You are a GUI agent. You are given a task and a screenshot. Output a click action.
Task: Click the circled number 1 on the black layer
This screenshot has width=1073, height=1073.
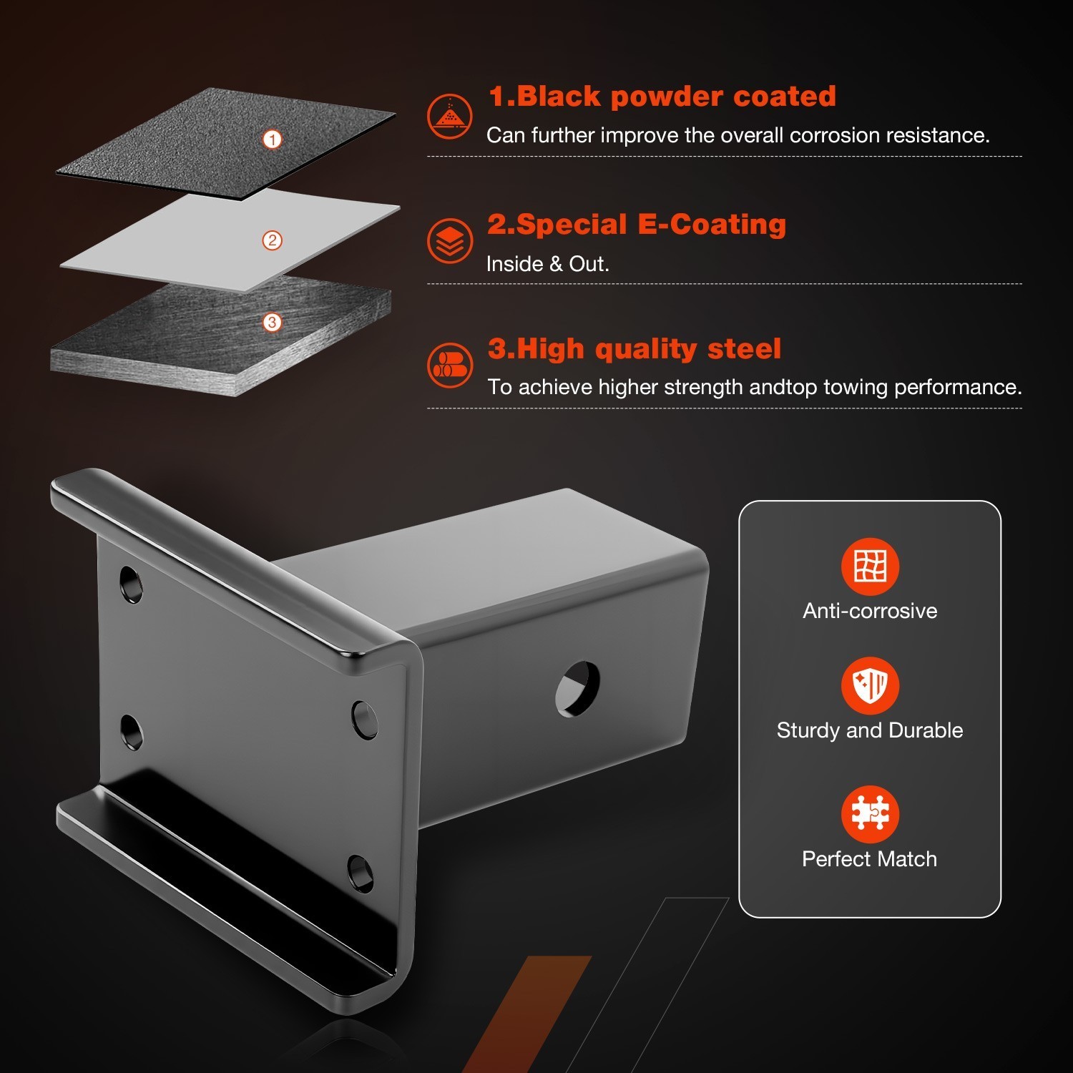point(272,139)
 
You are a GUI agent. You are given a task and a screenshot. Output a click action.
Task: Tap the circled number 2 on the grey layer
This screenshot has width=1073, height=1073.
point(272,240)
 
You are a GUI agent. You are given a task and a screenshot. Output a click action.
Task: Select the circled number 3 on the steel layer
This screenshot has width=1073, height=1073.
point(272,323)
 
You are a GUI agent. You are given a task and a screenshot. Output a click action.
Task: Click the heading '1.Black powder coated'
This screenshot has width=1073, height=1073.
point(662,97)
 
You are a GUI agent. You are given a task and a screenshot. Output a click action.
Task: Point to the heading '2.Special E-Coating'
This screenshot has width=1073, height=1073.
point(637,225)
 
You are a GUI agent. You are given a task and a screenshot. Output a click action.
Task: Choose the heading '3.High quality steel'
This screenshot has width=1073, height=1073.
point(634,349)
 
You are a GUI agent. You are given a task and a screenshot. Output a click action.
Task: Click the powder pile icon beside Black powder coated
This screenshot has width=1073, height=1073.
point(450,116)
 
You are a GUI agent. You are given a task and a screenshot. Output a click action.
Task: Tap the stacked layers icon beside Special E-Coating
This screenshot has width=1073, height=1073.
point(450,241)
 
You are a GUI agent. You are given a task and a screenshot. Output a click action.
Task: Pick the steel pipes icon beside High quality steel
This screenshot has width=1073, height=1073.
point(450,365)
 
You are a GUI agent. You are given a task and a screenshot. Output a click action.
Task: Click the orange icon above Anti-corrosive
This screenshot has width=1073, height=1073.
point(870,567)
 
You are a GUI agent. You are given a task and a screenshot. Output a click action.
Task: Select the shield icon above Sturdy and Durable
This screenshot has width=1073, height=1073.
point(870,685)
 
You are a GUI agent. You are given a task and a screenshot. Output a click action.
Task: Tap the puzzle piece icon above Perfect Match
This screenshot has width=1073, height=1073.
point(870,814)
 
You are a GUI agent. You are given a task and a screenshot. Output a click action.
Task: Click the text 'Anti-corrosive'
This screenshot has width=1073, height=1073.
point(870,611)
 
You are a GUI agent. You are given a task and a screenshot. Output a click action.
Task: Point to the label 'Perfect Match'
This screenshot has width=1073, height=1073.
point(869,859)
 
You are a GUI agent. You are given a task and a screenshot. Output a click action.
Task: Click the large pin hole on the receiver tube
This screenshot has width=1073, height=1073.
point(578,689)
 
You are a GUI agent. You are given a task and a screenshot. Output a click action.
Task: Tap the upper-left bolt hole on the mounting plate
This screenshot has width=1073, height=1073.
point(131,584)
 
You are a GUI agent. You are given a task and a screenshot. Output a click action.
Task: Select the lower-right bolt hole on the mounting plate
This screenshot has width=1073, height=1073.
point(361,873)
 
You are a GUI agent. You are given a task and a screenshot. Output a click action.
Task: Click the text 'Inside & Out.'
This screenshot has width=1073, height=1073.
point(548,264)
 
